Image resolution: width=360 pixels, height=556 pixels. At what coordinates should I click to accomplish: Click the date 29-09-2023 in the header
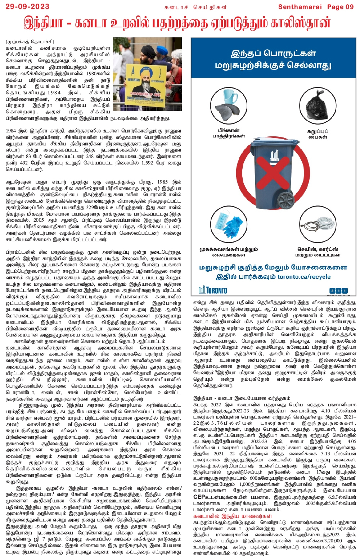25,6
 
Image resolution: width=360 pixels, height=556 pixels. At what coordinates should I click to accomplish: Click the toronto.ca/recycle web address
304,277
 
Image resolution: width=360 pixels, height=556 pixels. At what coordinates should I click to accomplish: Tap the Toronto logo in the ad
213,290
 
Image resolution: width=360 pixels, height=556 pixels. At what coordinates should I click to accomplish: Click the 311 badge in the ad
338,290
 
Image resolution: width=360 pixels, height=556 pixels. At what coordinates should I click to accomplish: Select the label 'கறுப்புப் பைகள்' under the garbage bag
318,134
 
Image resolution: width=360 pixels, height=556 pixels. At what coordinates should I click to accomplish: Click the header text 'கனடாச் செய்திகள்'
195,7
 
